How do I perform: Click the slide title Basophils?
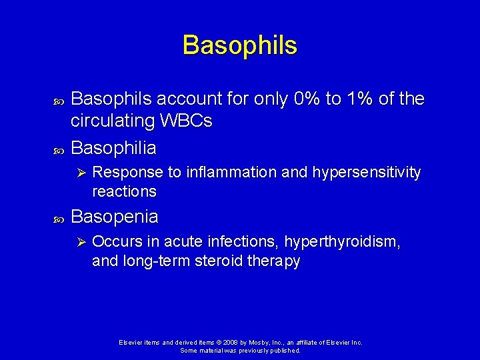coord(240,45)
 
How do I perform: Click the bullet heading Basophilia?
coord(114,147)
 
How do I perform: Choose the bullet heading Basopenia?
coord(115,217)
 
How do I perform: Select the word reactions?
coord(124,192)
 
